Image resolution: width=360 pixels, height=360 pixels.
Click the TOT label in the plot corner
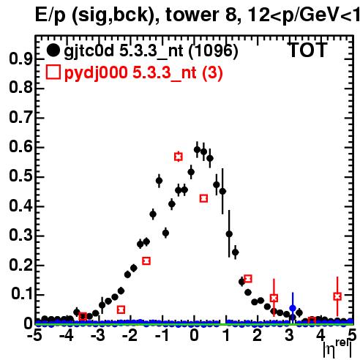pyautogui.click(x=308, y=50)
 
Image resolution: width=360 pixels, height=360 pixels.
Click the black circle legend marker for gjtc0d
pyautogui.click(x=53, y=50)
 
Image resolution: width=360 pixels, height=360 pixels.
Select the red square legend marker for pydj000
pyautogui.click(x=53, y=72)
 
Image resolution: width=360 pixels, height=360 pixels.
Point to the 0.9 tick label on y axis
pyautogui.click(x=20, y=59)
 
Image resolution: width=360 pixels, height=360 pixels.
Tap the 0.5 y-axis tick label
pyautogui.click(x=20, y=176)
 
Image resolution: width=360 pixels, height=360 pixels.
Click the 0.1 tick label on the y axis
pyautogui.click(x=22, y=294)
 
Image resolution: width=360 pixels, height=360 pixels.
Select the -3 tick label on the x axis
pyautogui.click(x=98, y=336)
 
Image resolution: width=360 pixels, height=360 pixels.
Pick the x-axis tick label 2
pyautogui.click(x=258, y=336)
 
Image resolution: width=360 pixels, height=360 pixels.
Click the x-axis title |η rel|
pyautogui.click(x=337, y=348)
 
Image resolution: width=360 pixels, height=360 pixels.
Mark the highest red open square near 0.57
pyautogui.click(x=179, y=157)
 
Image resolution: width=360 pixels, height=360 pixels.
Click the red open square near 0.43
pyautogui.click(x=203, y=198)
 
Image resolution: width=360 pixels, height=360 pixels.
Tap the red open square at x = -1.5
pyautogui.click(x=146, y=260)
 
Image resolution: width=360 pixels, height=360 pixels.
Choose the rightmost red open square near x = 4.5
pyautogui.click(x=337, y=296)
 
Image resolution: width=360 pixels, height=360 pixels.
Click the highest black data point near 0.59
pyautogui.click(x=197, y=149)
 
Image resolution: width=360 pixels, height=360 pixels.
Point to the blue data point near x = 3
pyautogui.click(x=293, y=308)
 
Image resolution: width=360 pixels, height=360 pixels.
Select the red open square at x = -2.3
pyautogui.click(x=121, y=310)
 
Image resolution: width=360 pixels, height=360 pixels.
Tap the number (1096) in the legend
pyautogui.click(x=214, y=50)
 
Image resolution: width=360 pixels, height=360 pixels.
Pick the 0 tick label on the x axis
pyautogui.click(x=194, y=336)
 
